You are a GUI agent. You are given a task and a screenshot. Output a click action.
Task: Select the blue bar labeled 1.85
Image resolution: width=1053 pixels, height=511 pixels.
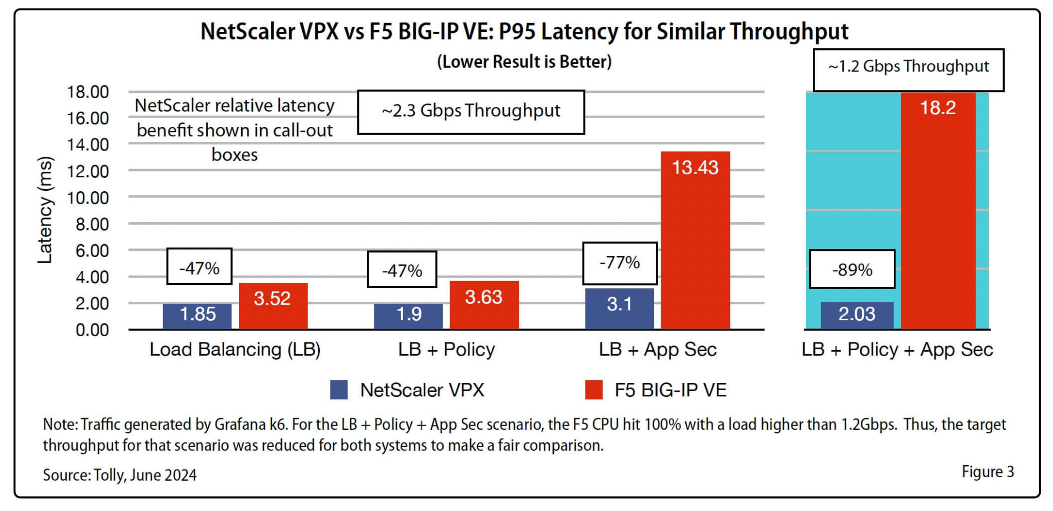(x=197, y=316)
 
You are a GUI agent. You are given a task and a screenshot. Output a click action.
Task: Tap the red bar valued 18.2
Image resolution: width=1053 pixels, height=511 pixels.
(x=938, y=211)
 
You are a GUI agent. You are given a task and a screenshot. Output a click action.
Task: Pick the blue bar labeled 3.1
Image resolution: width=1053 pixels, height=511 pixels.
(x=619, y=308)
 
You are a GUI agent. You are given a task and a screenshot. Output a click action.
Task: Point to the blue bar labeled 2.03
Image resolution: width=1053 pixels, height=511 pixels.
(x=857, y=315)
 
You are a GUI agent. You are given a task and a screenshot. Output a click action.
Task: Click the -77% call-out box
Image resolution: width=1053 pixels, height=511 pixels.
(x=620, y=263)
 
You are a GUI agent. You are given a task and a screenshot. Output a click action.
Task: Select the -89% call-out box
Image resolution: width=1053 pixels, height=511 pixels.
(x=852, y=269)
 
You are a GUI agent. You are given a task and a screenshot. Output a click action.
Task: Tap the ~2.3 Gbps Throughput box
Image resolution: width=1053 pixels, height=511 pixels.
(x=470, y=112)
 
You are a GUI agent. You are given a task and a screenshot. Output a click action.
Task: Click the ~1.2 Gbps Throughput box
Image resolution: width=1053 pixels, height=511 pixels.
(x=908, y=69)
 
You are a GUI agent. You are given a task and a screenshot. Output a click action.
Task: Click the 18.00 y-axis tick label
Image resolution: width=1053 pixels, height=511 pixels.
(x=88, y=92)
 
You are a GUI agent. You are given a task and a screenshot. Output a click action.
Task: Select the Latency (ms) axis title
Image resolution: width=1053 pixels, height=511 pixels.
(x=45, y=210)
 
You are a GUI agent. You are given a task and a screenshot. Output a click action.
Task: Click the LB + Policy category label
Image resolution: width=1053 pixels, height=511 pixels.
(x=446, y=350)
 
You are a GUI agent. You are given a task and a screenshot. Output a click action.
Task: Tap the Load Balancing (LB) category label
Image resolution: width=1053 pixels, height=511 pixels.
(x=235, y=350)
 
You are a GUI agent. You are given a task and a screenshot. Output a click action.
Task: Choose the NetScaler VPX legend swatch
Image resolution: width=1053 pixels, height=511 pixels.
(x=339, y=390)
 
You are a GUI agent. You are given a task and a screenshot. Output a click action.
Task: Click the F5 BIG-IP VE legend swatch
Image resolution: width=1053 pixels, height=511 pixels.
(x=594, y=390)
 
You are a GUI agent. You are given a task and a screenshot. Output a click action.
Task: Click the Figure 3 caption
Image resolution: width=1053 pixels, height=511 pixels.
(x=987, y=472)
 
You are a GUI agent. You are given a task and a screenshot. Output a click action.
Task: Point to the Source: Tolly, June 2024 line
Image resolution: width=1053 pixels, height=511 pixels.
(x=120, y=474)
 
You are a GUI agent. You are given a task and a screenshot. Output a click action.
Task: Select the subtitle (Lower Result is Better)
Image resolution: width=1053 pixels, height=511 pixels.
(x=524, y=62)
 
